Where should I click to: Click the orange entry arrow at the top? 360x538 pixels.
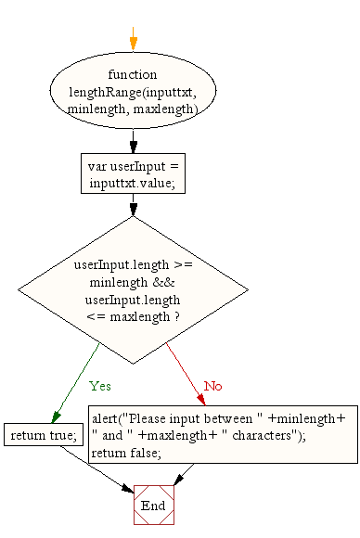133,41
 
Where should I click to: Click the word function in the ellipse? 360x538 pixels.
133,74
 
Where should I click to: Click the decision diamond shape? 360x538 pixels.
133,288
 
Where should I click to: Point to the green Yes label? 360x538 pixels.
100,385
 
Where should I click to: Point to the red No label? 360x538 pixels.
212,385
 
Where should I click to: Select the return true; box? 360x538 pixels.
43,434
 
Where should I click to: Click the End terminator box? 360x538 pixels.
153,506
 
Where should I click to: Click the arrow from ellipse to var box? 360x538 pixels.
133,138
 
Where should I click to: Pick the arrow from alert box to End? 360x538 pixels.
184,473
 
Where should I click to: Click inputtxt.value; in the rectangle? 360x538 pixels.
133,184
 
